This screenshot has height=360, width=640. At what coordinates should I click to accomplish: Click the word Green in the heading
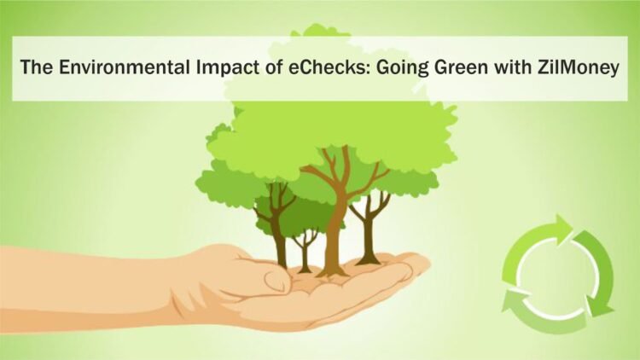tap(446, 69)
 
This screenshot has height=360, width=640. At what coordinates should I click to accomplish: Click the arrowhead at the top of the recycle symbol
tap(563, 226)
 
